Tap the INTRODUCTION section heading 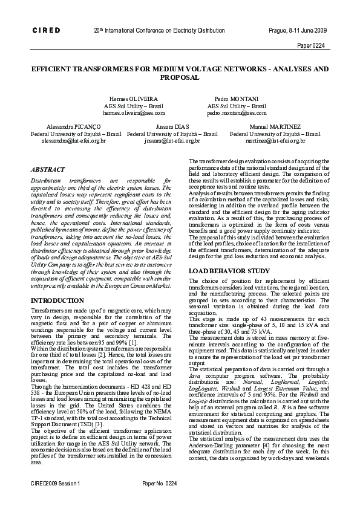tap(57, 300)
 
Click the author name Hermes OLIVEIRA tap(125, 98)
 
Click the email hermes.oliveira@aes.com tap(125, 112)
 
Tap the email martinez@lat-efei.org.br tap(275, 140)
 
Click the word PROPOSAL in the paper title tap(180, 78)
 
